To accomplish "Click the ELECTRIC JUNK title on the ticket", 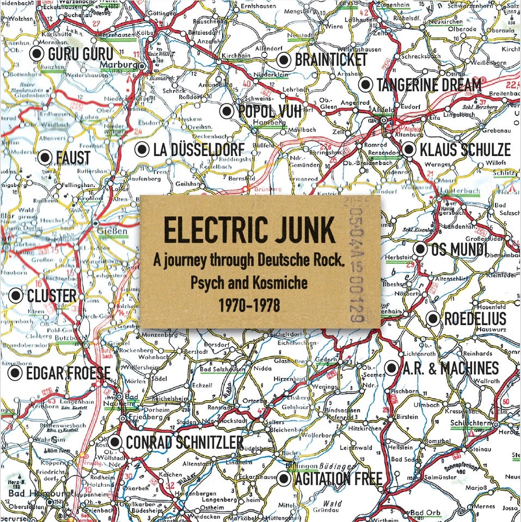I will click(x=249, y=231).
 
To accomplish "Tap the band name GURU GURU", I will click(x=80, y=54).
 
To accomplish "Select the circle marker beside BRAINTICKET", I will click(x=283, y=60).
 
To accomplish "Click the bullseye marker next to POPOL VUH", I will click(x=227, y=111).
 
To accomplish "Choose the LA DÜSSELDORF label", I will click(x=199, y=150).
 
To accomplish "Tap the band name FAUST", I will click(x=73, y=158).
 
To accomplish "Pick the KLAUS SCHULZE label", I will click(x=464, y=150).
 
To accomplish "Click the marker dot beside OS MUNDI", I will click(x=419, y=250).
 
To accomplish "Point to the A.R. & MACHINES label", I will click(x=450, y=368).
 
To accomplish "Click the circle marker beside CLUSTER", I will click(x=16, y=296).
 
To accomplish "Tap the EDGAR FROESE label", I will click(x=68, y=374).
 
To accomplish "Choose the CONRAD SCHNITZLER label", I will click(x=185, y=443).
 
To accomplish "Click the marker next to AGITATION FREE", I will click(x=283, y=479).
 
